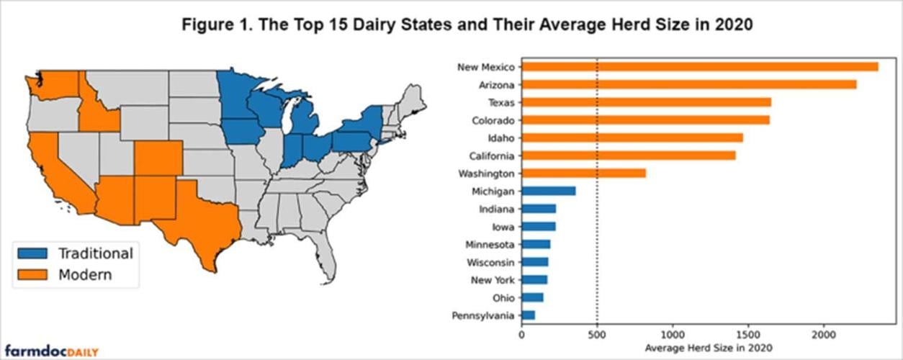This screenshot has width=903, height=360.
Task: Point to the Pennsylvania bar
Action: click(x=528, y=315)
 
